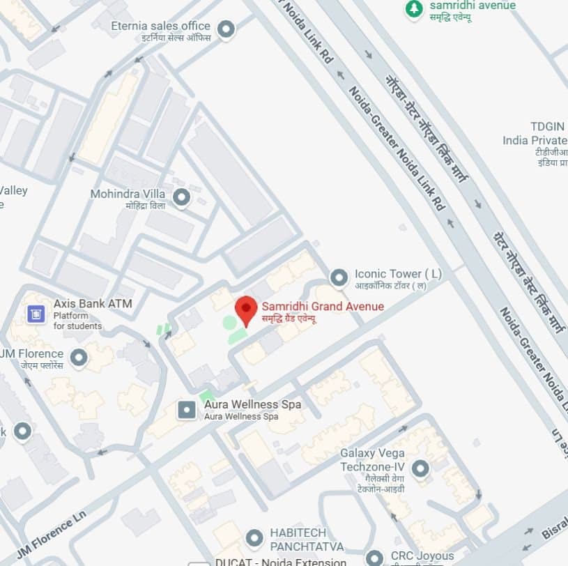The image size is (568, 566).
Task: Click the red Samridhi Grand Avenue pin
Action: pyautogui.click(x=245, y=309)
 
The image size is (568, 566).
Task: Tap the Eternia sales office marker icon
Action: pyautogui.click(x=225, y=29)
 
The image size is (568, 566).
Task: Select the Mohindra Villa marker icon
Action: pyautogui.click(x=181, y=198)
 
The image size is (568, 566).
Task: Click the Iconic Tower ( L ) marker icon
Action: pyautogui.click(x=339, y=278)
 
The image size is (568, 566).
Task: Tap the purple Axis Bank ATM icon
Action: pyautogui.click(x=36, y=314)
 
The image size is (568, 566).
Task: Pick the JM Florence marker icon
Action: pyautogui.click(x=79, y=358)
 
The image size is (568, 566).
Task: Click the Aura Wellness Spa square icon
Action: pyautogui.click(x=187, y=410)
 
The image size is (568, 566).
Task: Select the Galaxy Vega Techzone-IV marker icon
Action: pyautogui.click(x=420, y=469)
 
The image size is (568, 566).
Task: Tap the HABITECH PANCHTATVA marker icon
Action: pyautogui.click(x=254, y=538)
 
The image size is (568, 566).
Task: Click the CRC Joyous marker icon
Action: pyautogui.click(x=375, y=558)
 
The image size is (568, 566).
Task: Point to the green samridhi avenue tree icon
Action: pyautogui.click(x=414, y=9)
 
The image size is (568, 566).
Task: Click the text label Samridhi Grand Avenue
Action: pyautogui.click(x=322, y=306)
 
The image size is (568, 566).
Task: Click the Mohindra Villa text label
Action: pyautogui.click(x=130, y=194)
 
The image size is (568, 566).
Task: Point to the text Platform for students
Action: pyautogui.click(x=77, y=321)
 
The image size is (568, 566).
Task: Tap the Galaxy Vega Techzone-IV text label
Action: pyautogui.click(x=372, y=459)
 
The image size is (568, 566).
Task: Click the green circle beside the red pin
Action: pyautogui.click(x=229, y=323)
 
